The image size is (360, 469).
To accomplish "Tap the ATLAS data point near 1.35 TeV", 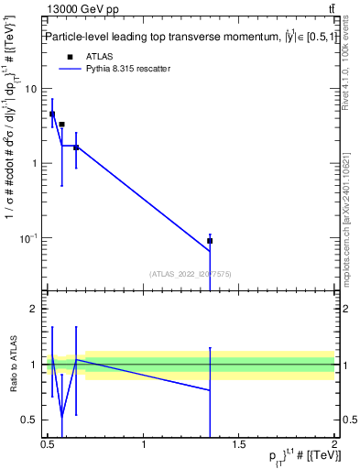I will tap(210, 241).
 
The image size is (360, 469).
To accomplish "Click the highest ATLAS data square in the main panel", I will tap(52, 115).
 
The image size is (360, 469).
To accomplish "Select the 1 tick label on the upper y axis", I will tap(34, 164).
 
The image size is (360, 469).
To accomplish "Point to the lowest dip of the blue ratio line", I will tap(61, 417).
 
